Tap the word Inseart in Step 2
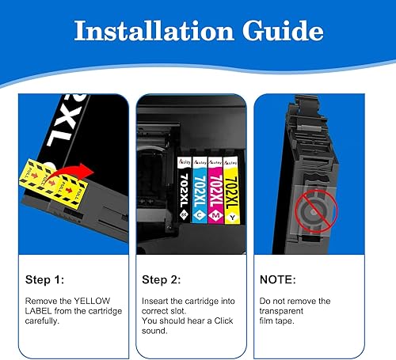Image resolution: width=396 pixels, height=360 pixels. pos(158,301)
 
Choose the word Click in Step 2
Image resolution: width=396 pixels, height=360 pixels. pos(221,312)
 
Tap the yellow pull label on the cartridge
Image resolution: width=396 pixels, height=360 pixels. pos(34,176)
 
